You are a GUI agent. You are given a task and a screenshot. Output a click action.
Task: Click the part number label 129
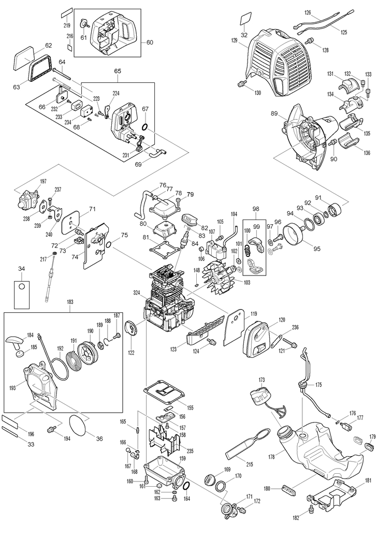point(234,40)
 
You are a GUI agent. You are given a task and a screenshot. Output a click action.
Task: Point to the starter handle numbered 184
point(15,340)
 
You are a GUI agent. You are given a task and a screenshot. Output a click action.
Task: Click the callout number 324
point(137,293)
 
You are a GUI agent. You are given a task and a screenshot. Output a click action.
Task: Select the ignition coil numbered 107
point(216,251)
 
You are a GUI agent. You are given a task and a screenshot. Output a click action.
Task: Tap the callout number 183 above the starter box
point(70,302)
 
